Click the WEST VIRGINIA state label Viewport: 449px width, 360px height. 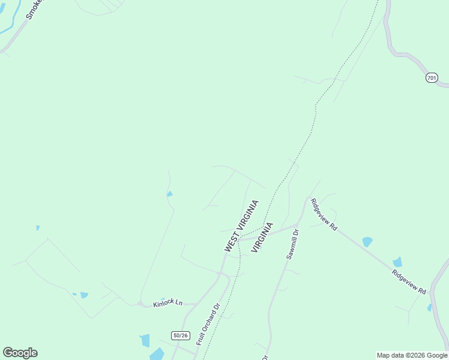tap(242, 226)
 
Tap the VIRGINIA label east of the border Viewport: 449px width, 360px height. tap(262, 237)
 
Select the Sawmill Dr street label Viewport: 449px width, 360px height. tap(292, 244)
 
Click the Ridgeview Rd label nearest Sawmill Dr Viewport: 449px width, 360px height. tap(324, 215)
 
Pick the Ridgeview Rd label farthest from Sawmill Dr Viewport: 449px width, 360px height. tap(409, 281)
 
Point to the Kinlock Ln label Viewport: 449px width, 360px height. tap(167, 303)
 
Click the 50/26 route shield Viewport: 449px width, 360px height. tap(180, 335)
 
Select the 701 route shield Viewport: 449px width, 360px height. tap(432, 78)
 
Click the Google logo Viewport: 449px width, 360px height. tap(20, 353)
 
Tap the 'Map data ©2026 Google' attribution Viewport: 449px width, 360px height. tap(412, 355)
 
